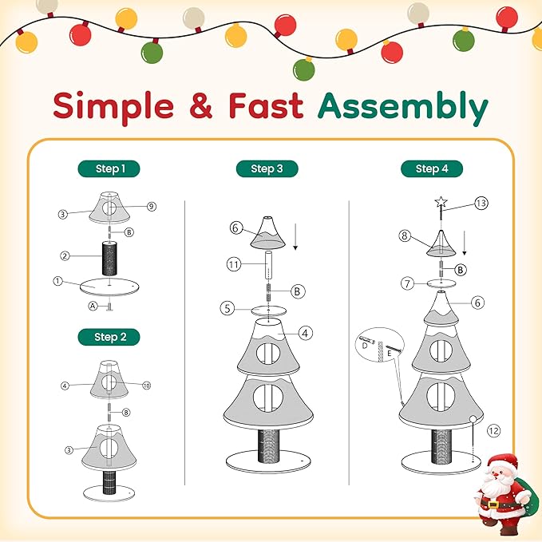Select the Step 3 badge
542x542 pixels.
(267, 168)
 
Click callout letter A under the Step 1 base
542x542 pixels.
(93, 307)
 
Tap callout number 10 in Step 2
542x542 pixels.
(146, 386)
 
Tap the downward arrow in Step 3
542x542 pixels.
(295, 239)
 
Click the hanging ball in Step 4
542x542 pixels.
(473, 419)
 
